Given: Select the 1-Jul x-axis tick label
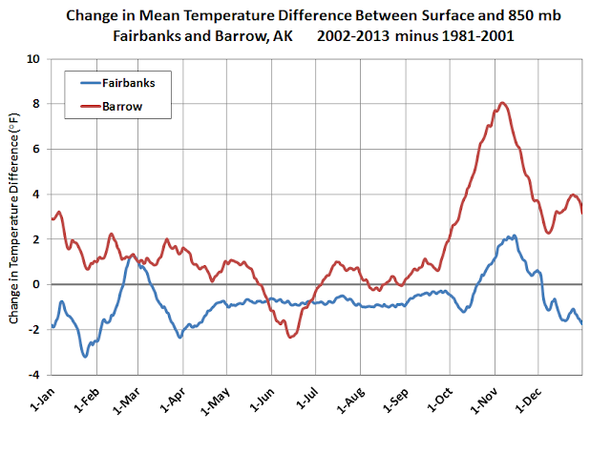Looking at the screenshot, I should coord(306,403).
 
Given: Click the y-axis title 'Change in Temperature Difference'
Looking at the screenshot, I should coord(14,217).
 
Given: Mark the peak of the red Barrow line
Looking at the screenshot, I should coord(503,103).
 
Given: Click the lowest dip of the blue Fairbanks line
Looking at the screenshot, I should coord(85,356).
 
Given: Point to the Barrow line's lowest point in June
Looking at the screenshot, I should coord(291,337).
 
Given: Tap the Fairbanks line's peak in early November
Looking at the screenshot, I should coord(513,236).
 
